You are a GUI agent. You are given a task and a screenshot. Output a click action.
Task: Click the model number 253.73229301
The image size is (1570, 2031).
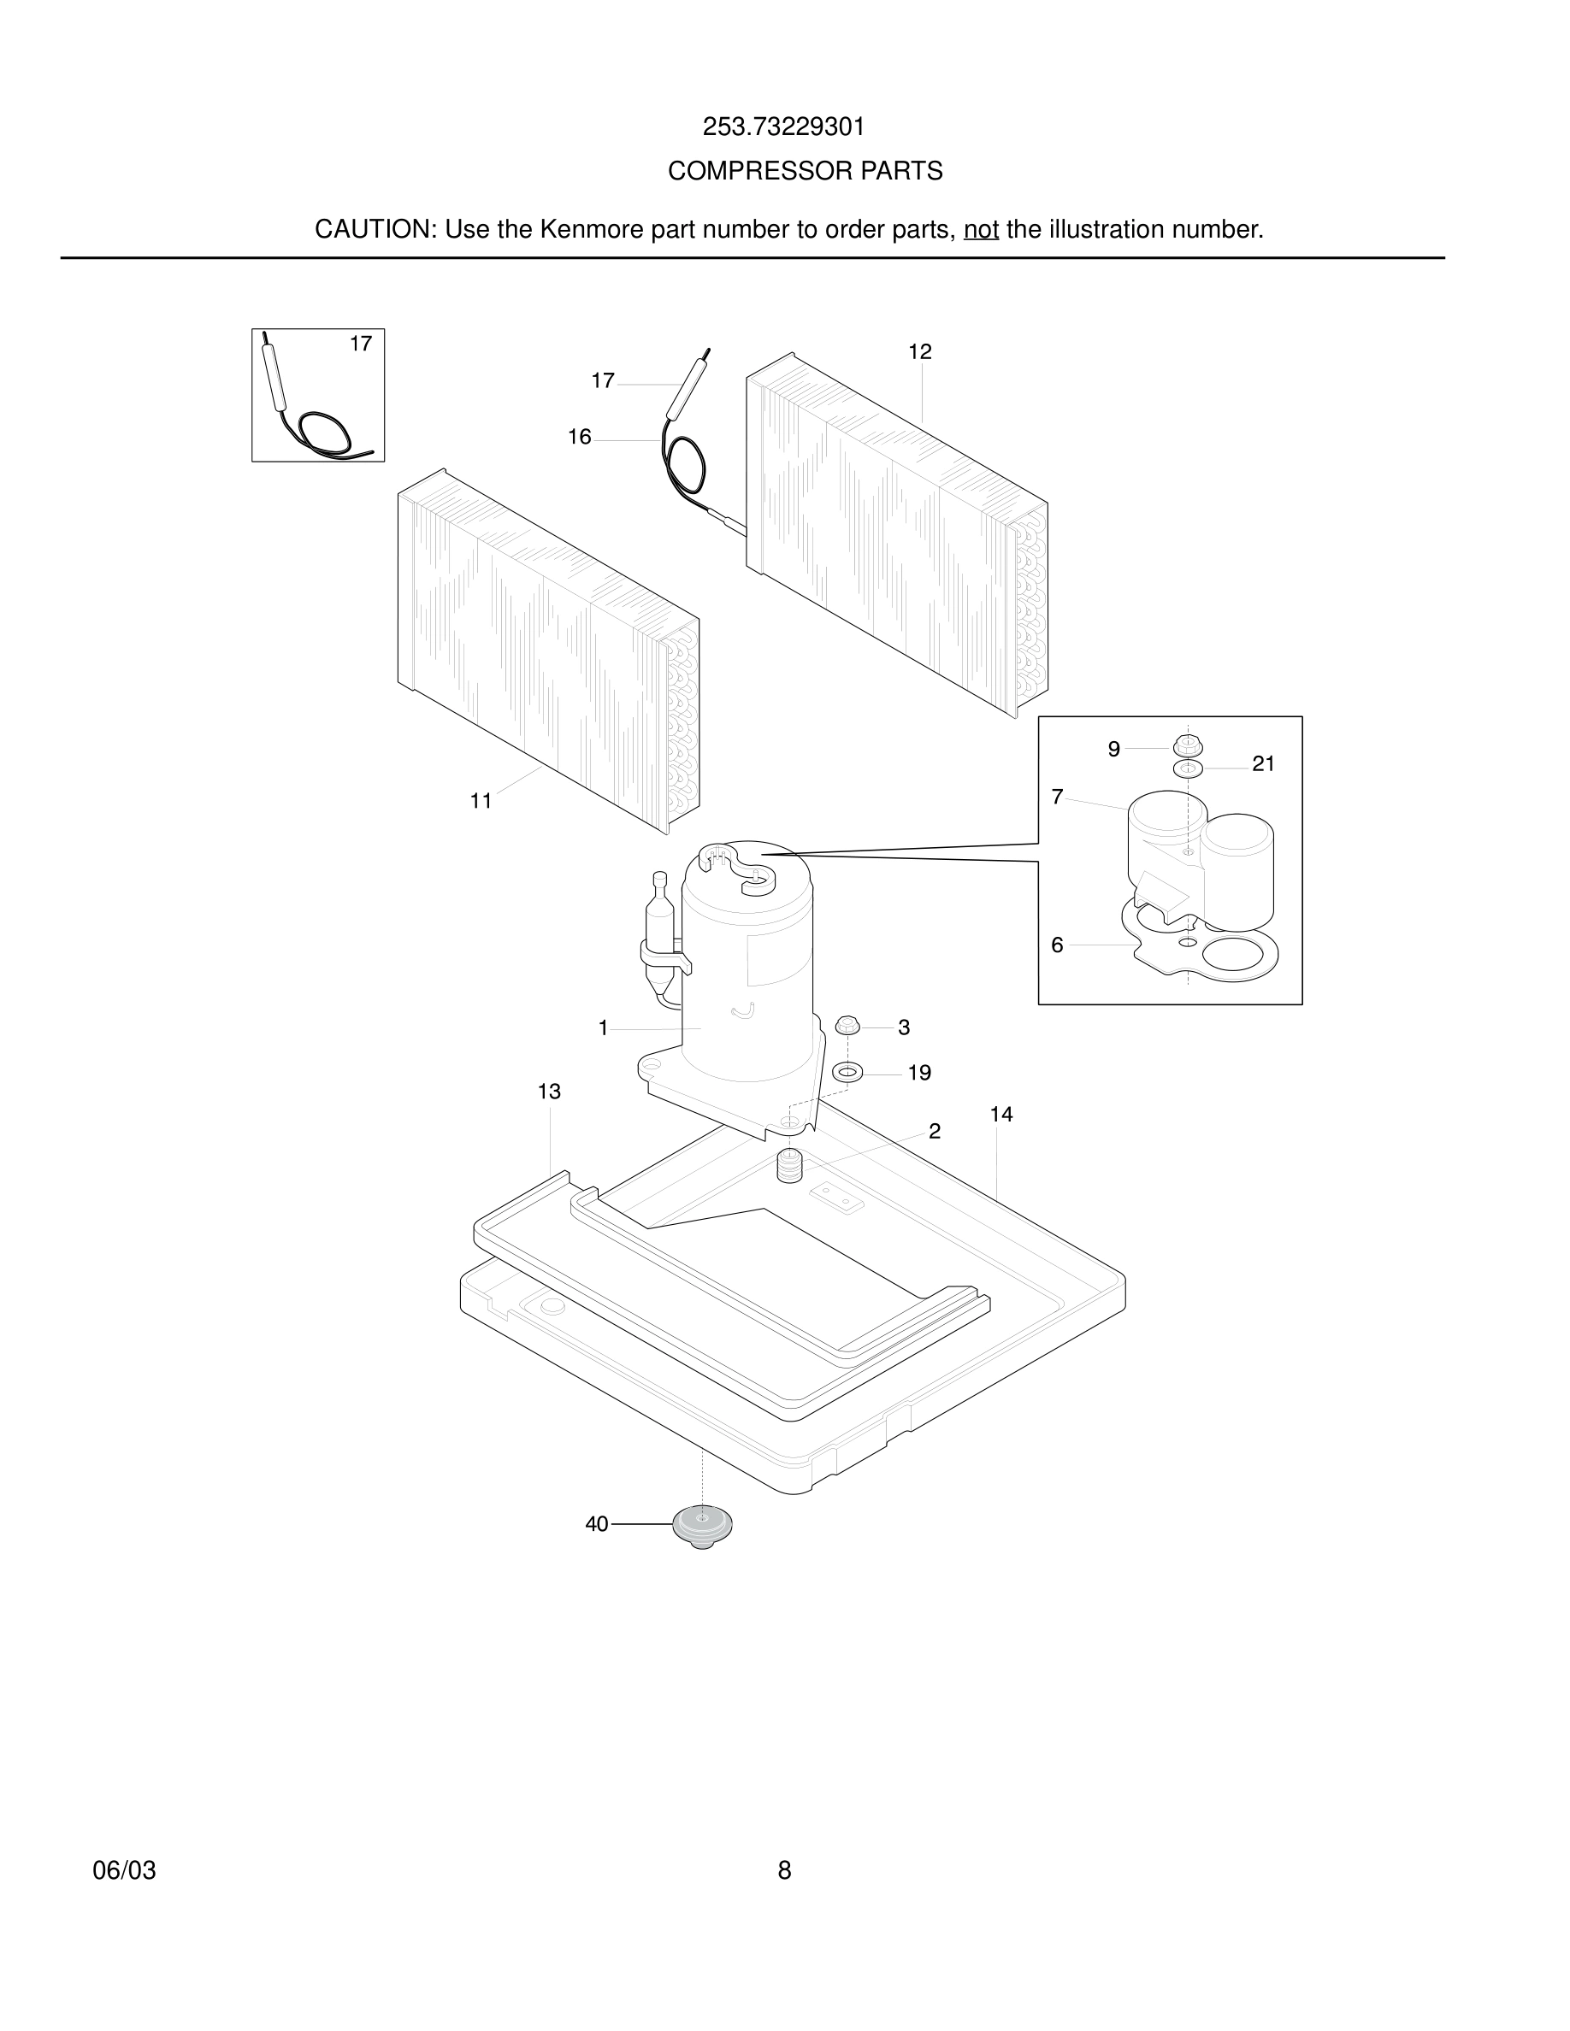(783, 127)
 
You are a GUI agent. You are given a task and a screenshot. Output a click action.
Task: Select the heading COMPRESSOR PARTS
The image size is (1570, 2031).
(805, 171)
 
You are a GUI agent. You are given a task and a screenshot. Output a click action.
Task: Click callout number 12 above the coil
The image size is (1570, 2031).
(919, 351)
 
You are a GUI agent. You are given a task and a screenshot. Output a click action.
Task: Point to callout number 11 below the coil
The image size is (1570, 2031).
(480, 801)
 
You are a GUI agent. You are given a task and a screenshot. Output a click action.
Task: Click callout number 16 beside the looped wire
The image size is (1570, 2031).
(579, 437)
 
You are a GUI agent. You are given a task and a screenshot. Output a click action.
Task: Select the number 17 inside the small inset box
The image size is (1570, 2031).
(360, 344)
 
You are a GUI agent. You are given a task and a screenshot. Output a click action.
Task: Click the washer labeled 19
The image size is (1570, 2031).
(847, 1072)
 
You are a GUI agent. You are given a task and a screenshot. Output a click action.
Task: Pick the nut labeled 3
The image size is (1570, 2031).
(847, 1027)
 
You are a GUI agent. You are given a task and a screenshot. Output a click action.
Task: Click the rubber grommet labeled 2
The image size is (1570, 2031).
(789, 1165)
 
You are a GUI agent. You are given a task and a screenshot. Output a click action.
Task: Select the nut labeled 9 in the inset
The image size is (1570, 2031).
(1186, 746)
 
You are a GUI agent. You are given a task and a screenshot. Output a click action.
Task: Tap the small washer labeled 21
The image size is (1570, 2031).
(1188, 769)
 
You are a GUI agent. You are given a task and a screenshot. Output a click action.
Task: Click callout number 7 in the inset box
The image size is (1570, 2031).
(1057, 797)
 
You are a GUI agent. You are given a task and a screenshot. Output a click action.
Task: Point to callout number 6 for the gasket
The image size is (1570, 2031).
(1057, 945)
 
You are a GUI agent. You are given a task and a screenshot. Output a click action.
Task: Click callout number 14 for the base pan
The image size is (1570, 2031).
(1000, 1114)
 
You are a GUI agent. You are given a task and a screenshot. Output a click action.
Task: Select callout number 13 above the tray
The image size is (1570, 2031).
(549, 1092)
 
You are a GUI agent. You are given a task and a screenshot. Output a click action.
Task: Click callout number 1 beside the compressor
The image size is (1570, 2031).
(603, 1028)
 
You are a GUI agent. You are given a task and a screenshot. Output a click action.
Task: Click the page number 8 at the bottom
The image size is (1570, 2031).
(784, 1870)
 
